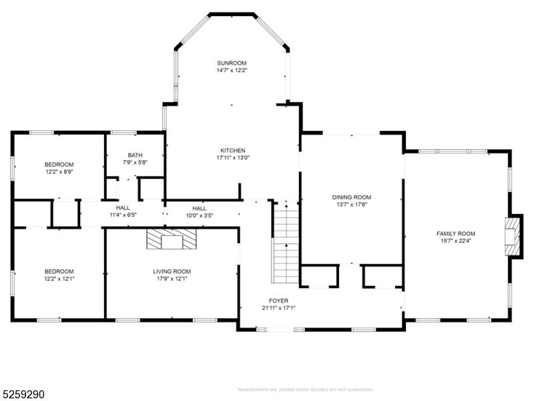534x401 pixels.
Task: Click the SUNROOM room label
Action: tap(232, 63)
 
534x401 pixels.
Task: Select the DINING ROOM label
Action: tap(352, 197)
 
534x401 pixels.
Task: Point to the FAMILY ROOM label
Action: tap(457, 233)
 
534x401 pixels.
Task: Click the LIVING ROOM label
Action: tap(172, 271)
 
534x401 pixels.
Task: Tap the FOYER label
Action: tap(278, 301)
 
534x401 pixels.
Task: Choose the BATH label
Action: tap(136, 155)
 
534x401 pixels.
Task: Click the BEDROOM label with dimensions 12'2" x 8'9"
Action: tap(59, 164)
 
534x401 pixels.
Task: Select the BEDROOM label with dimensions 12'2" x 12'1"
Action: tap(59, 271)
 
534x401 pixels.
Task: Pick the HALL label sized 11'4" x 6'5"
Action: tap(123, 208)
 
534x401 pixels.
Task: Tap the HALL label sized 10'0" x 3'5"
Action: tap(200, 208)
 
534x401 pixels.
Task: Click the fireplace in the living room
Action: tap(172, 239)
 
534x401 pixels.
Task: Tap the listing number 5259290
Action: tap(24, 394)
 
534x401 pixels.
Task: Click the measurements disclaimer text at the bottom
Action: tap(305, 389)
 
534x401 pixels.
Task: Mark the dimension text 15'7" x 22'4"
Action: tap(457, 241)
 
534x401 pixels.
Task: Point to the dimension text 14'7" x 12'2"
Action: tap(232, 70)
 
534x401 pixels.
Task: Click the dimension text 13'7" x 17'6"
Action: tap(352, 205)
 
